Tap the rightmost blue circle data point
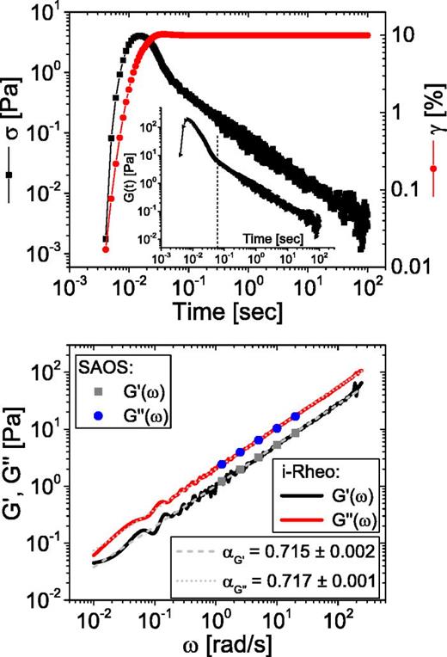click(x=297, y=416)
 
